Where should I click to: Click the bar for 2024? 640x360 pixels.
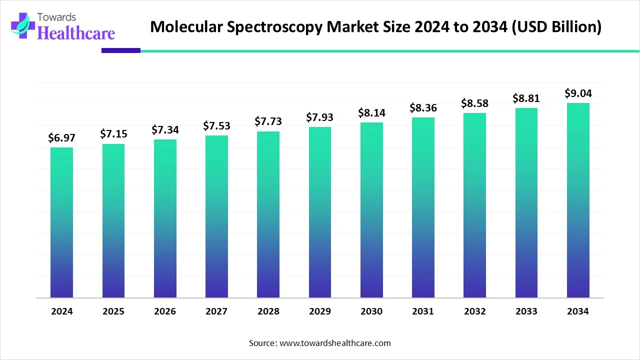[61, 222]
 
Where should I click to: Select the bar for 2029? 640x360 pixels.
[320, 212]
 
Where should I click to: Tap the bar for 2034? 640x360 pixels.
[578, 200]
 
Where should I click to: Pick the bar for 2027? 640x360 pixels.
[216, 216]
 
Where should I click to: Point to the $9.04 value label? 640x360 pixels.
[577, 93]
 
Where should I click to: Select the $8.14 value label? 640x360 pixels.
[371, 113]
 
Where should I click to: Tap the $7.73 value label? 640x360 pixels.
[268, 121]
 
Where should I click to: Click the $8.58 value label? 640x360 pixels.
[474, 103]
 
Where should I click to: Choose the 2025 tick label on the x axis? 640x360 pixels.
[113, 311]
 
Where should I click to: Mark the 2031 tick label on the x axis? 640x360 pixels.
[423, 311]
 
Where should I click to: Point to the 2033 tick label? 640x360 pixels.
[526, 311]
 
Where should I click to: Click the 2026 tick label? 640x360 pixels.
[165, 311]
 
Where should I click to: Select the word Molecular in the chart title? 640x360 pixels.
[186, 27]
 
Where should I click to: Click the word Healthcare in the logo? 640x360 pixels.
[76, 33]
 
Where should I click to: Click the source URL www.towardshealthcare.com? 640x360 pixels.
[334, 343]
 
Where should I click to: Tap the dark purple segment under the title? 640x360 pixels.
[121, 50]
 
